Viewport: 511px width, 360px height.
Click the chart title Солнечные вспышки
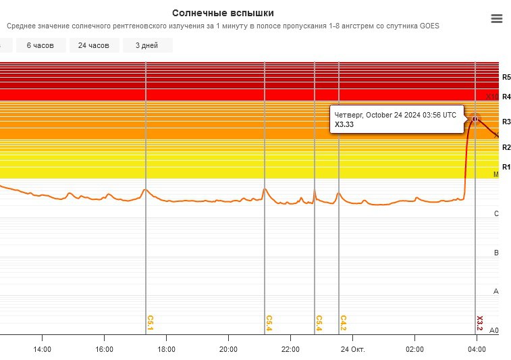[223, 13]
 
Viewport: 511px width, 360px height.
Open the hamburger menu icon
[497, 19]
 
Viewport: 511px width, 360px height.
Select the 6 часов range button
[41, 45]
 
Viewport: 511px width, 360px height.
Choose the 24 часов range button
[94, 45]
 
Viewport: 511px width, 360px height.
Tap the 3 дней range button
[147, 45]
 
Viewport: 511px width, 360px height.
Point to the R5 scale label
[506, 78]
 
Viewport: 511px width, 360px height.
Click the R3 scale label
[506, 122]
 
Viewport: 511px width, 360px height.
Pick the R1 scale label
[506, 167]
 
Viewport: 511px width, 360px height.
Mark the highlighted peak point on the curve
[475, 119]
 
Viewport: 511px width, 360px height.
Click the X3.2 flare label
[480, 323]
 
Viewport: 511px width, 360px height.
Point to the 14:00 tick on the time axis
[42, 349]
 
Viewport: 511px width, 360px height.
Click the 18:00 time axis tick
[166, 349]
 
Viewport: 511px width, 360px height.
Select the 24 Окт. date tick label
[352, 349]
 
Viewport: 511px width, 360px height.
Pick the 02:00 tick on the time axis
[414, 349]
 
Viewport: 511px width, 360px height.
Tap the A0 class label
[493, 330]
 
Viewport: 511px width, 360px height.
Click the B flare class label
[496, 253]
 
